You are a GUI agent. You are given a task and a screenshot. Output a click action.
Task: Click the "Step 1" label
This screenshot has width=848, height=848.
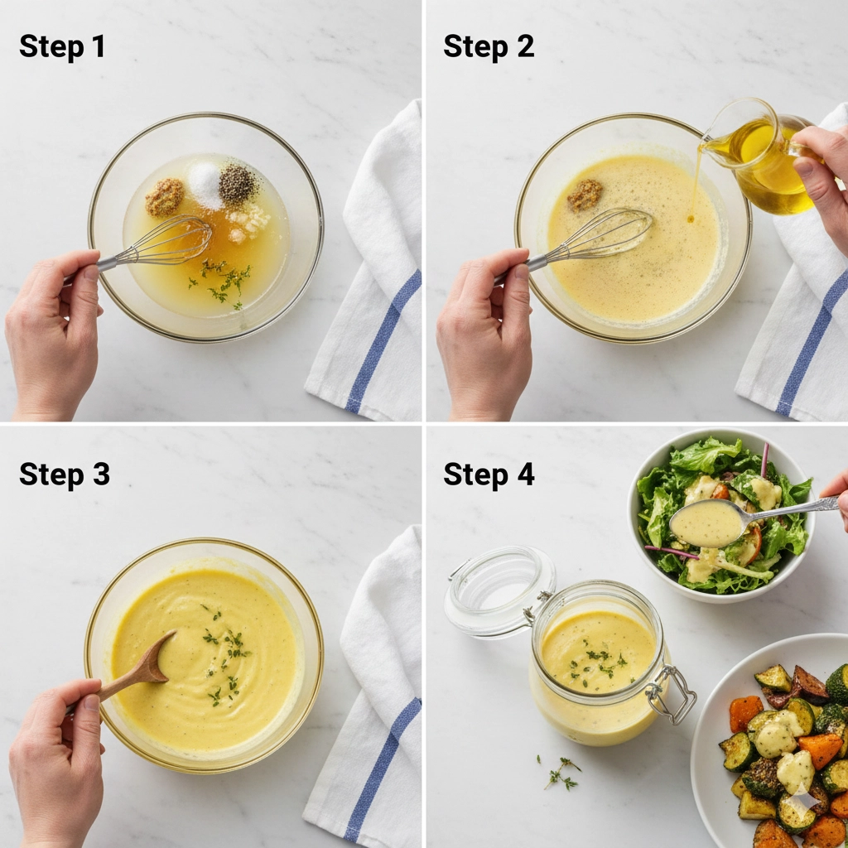[x=61, y=46]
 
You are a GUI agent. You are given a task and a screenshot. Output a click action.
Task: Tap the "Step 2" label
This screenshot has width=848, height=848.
[x=489, y=46]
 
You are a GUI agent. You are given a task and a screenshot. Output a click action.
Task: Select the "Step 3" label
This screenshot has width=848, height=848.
[x=65, y=474]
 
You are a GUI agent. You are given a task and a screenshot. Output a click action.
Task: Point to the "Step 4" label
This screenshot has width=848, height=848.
[x=489, y=474]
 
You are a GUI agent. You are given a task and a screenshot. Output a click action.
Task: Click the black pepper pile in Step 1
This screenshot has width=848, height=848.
[x=237, y=184]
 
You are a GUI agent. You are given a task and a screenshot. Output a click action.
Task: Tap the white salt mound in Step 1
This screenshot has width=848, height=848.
[x=205, y=185]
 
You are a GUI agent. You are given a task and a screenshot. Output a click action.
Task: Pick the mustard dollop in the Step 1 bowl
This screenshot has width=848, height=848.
[x=165, y=197]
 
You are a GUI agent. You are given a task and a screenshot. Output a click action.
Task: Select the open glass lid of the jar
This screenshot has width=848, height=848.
[x=499, y=591]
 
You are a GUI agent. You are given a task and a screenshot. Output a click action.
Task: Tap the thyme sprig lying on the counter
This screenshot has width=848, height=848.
[x=561, y=773]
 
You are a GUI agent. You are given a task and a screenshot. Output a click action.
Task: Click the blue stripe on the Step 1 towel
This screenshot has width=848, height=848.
[x=383, y=341]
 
